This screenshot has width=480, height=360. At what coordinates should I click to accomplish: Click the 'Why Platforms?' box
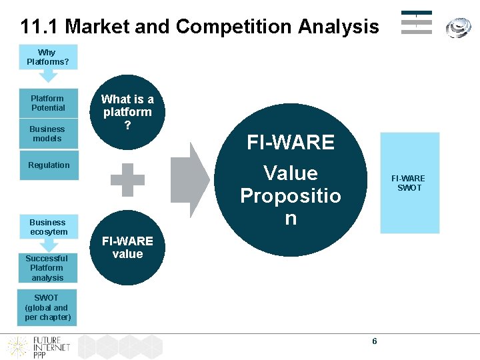coord(48,57)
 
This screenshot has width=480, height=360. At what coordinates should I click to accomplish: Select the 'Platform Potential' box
coord(48,103)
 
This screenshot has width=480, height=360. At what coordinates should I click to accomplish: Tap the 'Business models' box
coord(48,133)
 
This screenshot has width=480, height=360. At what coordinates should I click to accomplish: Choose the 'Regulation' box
coord(48,165)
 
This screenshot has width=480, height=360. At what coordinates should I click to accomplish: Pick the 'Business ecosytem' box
coord(48,227)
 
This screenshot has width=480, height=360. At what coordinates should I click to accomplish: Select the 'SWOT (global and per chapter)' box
coord(48,307)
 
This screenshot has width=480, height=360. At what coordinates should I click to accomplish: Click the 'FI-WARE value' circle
coord(127,248)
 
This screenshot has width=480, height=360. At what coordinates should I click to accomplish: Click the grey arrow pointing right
coord(190,179)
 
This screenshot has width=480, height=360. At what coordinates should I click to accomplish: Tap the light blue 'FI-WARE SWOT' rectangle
coord(409,183)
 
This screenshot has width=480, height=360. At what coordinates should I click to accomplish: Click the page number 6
coord(374,341)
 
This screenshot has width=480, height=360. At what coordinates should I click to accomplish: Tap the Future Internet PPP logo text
coord(52,347)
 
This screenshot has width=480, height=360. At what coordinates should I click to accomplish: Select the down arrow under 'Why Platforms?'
coord(47,75)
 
